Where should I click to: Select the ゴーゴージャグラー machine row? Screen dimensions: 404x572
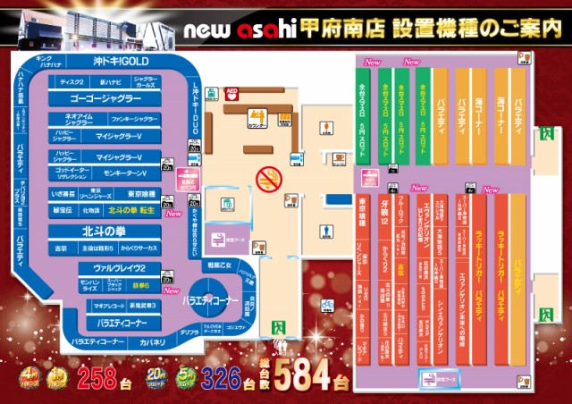(105, 98)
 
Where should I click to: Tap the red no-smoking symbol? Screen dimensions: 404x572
(269, 180)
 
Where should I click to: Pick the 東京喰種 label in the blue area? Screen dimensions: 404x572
(142, 194)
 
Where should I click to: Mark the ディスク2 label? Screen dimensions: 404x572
(72, 81)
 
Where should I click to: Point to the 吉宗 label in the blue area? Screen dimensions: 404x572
(62, 248)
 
